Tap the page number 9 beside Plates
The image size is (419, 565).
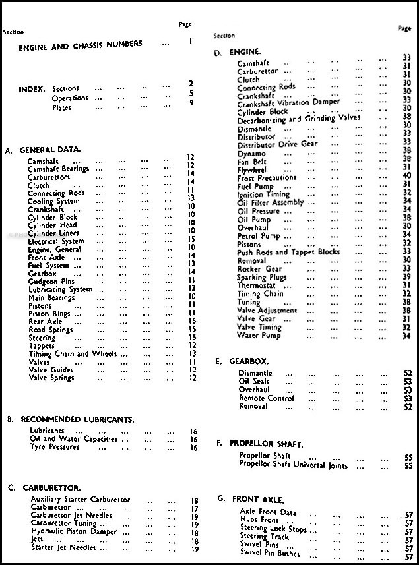tap(191, 104)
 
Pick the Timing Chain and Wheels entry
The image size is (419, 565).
tap(72, 354)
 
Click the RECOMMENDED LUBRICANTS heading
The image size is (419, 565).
tap(77, 419)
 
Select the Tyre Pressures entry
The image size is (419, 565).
tap(55, 447)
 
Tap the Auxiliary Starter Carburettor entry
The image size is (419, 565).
tap(81, 500)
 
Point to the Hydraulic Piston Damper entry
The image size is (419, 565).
tap(73, 531)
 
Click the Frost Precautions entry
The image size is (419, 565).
tap(267, 178)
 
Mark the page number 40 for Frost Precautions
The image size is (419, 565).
tap(407, 175)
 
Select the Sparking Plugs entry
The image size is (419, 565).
tap(261, 278)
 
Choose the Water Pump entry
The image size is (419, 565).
tap(258, 336)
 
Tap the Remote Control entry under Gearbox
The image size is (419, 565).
tap(266, 398)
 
